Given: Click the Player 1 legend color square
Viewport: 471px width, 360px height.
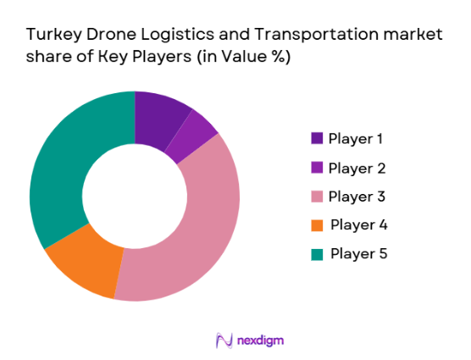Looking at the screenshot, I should (x=317, y=138).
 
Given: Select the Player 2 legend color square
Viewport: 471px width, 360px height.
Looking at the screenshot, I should (x=317, y=167).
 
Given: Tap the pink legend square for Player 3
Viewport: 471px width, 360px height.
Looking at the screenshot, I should (x=317, y=196).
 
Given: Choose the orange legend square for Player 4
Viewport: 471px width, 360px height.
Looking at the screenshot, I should (x=317, y=224).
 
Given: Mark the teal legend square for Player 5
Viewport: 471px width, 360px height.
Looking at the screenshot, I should (x=317, y=253).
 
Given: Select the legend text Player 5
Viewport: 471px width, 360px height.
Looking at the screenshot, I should (x=358, y=253).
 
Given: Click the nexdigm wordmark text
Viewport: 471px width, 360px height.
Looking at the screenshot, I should (x=259, y=340).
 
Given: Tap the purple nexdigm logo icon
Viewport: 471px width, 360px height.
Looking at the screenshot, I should (x=224, y=340).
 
